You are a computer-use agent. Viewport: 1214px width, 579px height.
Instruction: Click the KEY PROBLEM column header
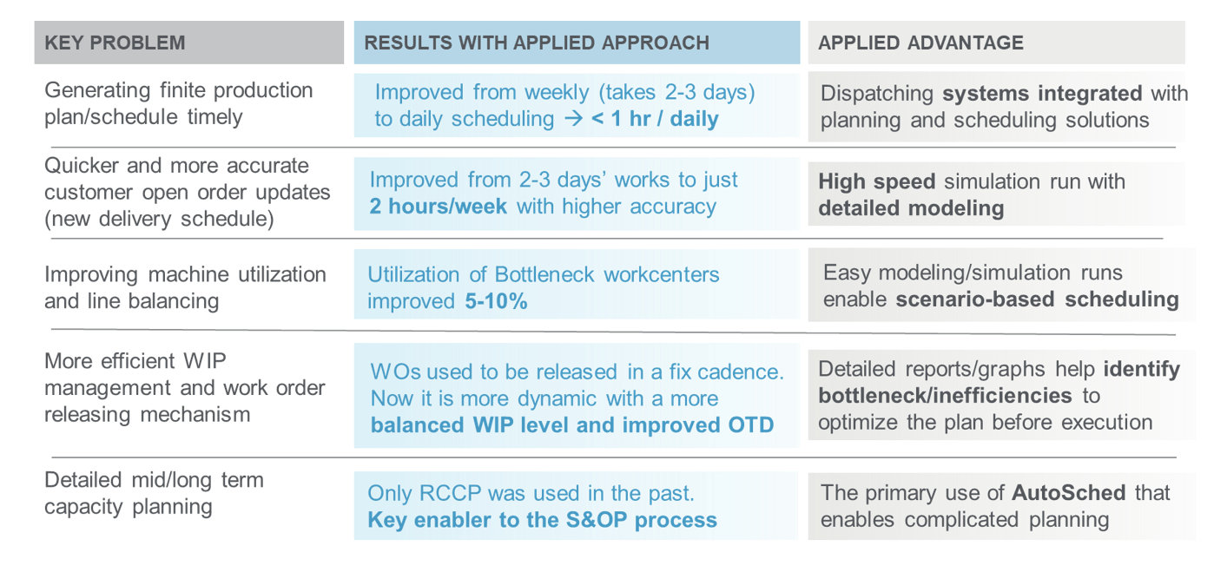pos(115,43)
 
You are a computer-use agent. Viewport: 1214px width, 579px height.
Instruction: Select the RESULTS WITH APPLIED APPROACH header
pos(537,43)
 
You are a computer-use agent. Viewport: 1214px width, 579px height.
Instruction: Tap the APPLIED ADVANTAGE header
pos(920,43)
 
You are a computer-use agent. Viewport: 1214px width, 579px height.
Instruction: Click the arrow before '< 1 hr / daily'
pos(573,119)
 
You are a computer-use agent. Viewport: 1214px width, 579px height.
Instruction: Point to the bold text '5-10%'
pos(496,302)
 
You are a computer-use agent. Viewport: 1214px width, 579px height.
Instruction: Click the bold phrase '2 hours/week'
pos(438,207)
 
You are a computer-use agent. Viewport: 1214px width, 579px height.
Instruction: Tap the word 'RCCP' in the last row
pos(450,493)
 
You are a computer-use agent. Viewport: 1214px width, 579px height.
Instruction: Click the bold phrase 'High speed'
pos(877,182)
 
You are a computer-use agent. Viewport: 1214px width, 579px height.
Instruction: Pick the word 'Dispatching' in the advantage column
pos(877,94)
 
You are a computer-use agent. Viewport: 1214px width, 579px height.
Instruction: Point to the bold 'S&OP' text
pos(597,520)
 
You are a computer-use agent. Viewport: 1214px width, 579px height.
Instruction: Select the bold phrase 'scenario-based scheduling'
pos(1038,299)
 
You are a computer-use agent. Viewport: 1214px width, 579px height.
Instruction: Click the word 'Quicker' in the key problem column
pos(81,166)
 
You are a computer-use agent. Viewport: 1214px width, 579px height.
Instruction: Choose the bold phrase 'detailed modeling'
pos(911,208)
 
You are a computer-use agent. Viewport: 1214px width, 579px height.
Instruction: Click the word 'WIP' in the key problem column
pos(204,361)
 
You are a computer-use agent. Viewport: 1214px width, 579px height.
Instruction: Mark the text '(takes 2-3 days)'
pos(677,93)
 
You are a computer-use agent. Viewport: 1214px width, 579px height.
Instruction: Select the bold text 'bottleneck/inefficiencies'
pos(945,396)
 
